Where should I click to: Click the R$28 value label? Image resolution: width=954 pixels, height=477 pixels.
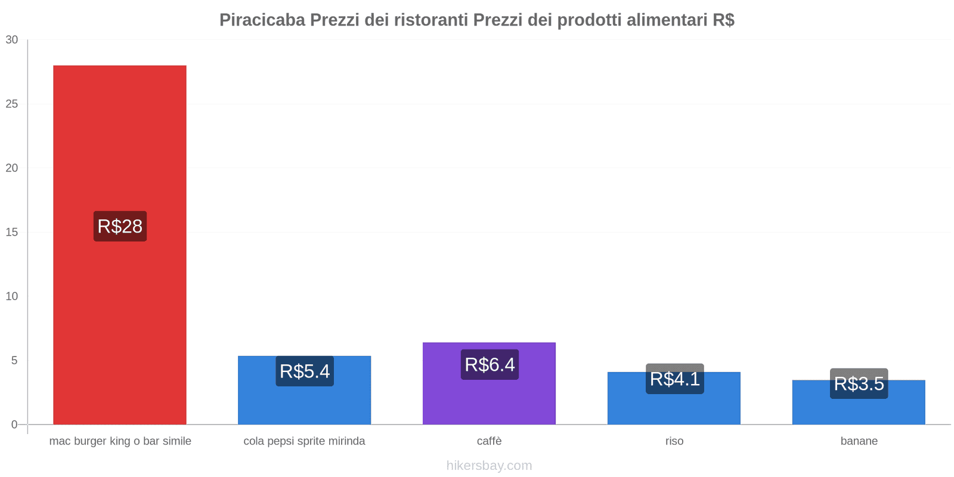[120, 226]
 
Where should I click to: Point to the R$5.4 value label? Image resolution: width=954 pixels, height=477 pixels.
[305, 371]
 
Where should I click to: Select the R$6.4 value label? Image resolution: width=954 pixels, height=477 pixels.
[490, 364]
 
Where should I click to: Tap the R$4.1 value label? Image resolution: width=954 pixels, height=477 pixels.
[674, 379]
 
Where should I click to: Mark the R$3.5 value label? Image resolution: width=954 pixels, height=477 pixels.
[859, 383]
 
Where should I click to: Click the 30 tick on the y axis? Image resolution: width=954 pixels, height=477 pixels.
[12, 40]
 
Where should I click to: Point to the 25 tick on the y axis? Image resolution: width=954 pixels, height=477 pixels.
[12, 104]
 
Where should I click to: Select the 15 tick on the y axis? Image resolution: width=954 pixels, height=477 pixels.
[12, 233]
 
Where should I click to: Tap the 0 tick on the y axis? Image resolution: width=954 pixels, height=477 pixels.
[14, 425]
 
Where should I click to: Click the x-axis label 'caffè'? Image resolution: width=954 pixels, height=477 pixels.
[489, 441]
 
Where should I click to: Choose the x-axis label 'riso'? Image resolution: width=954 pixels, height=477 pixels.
[674, 441]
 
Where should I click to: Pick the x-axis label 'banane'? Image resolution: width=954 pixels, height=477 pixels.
[859, 441]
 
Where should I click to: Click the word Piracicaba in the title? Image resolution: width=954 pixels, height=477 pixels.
[262, 20]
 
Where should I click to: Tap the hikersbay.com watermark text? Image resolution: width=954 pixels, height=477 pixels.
[489, 466]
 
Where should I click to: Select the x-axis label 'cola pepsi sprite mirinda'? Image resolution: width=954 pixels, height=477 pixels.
[304, 441]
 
